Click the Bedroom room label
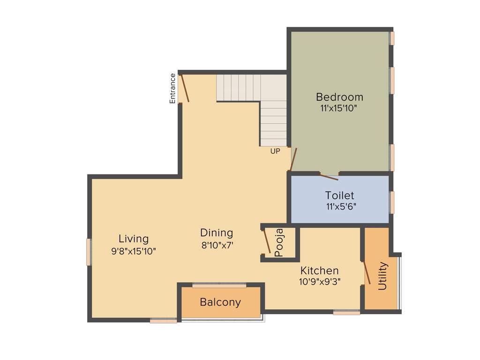[x=339, y=97]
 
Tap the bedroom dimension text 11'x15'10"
[x=339, y=108]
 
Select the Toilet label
[x=340, y=195]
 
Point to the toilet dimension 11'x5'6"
[x=341, y=206]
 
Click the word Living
[x=134, y=239]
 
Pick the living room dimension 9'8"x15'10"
[x=134, y=251]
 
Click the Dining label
[x=217, y=232]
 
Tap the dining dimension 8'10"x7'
[x=217, y=245]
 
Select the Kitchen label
[x=320, y=270]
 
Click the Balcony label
[x=220, y=302]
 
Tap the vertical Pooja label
[x=279, y=243]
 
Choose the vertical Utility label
[x=382, y=276]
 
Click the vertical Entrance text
[x=172, y=88]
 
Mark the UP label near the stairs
[x=275, y=151]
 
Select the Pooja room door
[x=266, y=241]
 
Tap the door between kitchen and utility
[x=367, y=272]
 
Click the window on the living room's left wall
[x=88, y=252]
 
